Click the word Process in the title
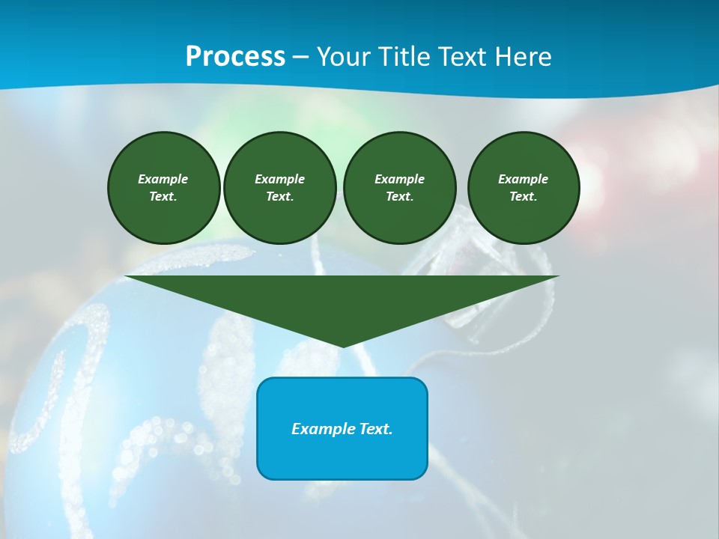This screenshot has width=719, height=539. pyautogui.click(x=235, y=57)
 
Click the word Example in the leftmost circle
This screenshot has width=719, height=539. pyautogui.click(x=163, y=179)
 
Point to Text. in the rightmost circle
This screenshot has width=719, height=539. pyautogui.click(x=523, y=197)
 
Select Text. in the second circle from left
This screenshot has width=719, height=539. pyautogui.click(x=279, y=197)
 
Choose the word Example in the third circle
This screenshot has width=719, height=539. pyautogui.click(x=399, y=179)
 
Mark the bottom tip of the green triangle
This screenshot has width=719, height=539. pyautogui.click(x=342, y=345)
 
